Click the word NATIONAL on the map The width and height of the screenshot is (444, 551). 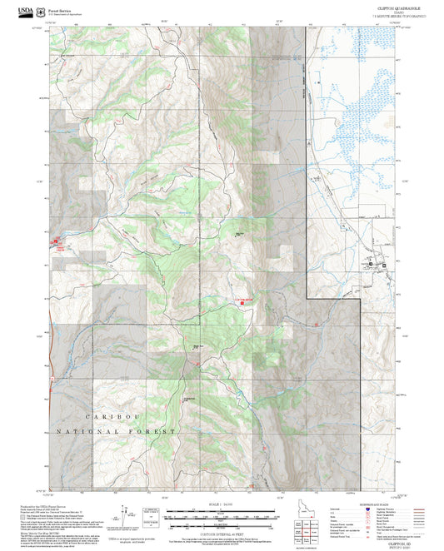[78, 432]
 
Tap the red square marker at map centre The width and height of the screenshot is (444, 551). [242, 301]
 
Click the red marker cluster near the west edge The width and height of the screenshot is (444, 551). [56, 244]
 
